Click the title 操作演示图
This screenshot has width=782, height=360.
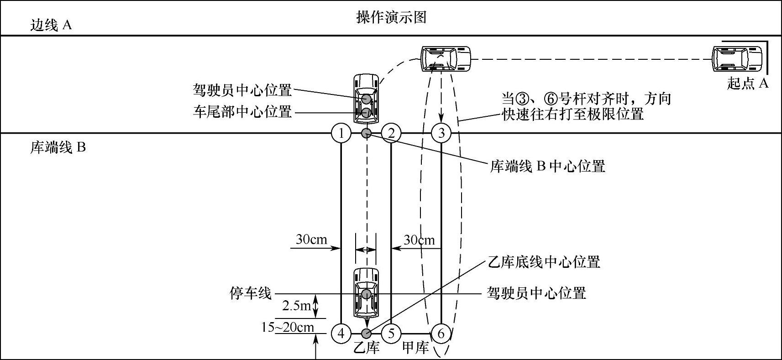tap(391, 17)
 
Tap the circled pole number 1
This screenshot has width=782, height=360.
tap(341, 133)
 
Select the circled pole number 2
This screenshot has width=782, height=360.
tap(391, 133)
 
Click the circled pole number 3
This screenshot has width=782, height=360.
tap(441, 133)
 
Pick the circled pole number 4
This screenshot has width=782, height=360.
tap(341, 334)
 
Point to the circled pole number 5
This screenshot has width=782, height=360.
tap(391, 334)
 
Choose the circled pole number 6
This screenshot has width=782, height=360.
tap(441, 334)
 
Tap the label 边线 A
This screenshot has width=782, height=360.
tap(51, 25)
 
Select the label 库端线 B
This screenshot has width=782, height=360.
tap(58, 148)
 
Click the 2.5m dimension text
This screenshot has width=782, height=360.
tap(297, 306)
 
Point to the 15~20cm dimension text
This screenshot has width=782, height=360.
tap(288, 327)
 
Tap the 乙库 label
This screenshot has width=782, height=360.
tap(367, 348)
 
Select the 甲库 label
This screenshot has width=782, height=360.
tap(415, 348)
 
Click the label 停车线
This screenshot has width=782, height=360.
tap(250, 293)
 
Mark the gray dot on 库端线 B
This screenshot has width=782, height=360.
tap(366, 133)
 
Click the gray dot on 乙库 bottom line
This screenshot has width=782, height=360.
tap(366, 334)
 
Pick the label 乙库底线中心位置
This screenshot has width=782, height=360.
tap(544, 262)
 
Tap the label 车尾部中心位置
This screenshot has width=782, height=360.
tap(242, 112)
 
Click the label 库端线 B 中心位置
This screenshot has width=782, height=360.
tap(547, 166)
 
